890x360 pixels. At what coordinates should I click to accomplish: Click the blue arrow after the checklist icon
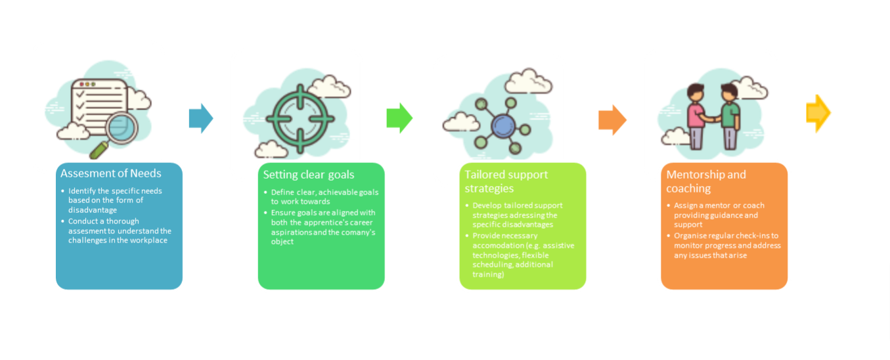tap(201, 118)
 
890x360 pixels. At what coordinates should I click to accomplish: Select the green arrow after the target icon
tap(399, 118)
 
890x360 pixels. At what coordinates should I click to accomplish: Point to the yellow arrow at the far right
tap(818, 114)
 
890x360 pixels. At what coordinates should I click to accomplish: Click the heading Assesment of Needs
tap(110, 174)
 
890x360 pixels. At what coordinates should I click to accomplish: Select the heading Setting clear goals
tap(309, 175)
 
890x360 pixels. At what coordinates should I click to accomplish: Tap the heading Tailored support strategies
tap(506, 181)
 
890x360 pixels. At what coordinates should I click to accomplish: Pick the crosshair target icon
tap(300, 118)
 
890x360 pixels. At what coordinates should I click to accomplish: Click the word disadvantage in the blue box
tap(93, 210)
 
